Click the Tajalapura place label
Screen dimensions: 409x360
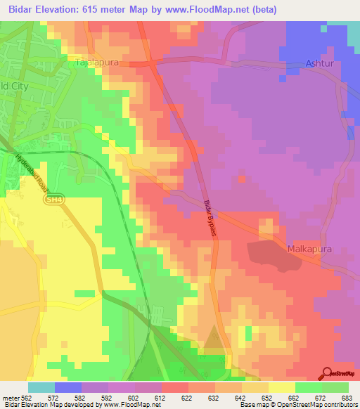96,62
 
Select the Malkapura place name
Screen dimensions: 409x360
309,249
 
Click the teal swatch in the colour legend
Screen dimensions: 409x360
41,387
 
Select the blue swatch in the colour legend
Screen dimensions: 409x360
68,387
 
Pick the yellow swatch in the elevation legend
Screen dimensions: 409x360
282,387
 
